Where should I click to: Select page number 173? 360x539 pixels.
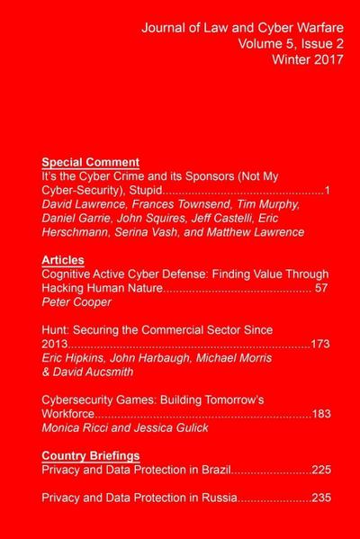tap(320, 344)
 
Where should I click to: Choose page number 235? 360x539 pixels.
tap(322, 498)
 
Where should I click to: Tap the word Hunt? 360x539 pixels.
tap(58, 330)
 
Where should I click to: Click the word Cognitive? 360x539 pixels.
tap(71, 274)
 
